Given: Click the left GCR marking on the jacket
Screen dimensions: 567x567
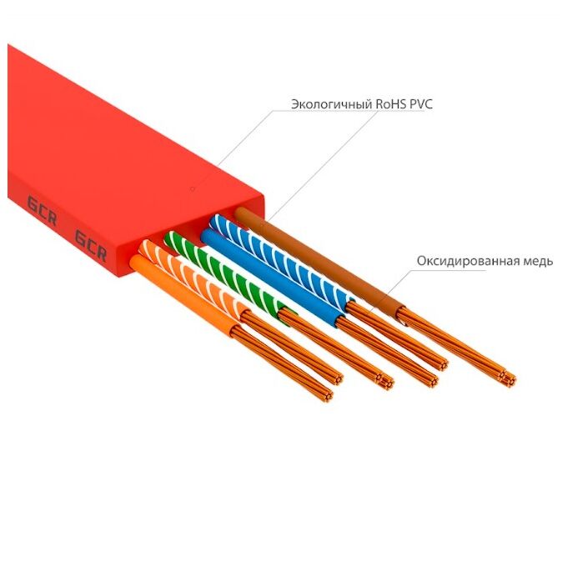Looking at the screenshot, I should coord(40,205).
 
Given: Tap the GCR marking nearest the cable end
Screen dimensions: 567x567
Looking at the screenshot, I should coord(90,242).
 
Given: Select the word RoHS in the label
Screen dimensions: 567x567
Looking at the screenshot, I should coord(391,105).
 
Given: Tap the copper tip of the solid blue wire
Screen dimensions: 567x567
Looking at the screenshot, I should coord(430,379).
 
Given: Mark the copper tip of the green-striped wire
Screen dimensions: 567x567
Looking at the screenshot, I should coord(384,382).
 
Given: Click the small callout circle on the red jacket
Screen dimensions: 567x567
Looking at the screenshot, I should coord(192,189).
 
